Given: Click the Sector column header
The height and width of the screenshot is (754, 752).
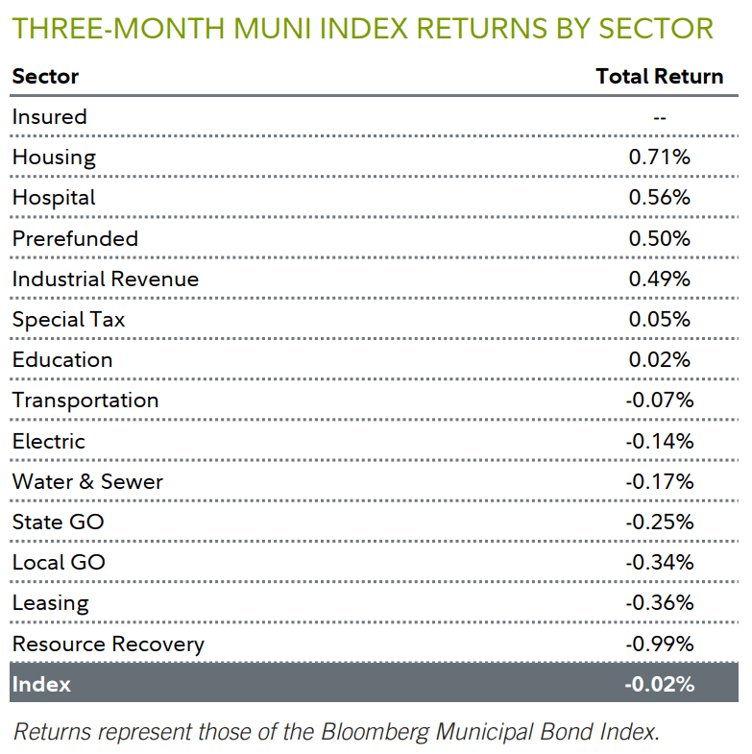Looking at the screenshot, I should pos(45,76).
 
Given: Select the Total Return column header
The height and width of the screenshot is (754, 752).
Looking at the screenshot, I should pos(659,76).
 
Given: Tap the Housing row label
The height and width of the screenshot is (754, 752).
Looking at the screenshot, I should pos(54,158).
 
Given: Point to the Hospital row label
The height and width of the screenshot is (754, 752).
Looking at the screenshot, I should pos(54,198).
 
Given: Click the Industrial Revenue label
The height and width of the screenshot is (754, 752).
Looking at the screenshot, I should pos(105,279).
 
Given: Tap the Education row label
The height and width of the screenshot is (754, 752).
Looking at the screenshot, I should pos(62,360).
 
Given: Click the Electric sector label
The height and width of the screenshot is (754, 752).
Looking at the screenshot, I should pos(48,441).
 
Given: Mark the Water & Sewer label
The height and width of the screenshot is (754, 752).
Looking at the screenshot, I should pos(87,481).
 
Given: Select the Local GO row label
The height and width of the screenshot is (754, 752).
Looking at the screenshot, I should pos(59,563).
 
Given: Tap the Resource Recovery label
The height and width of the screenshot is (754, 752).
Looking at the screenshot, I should pos(108,644).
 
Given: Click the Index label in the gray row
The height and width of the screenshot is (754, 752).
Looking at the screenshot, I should pos(41,685).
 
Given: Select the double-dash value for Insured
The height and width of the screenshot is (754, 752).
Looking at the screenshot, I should pos(659,117).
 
